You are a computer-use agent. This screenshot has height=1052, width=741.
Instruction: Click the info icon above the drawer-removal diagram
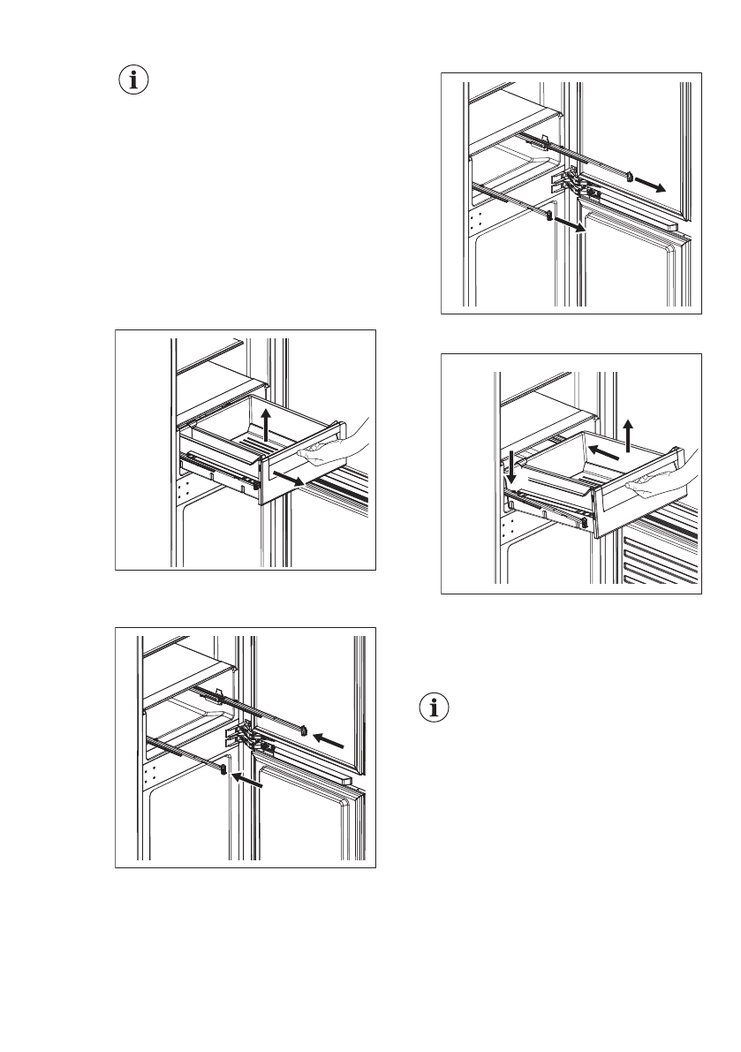coord(133,81)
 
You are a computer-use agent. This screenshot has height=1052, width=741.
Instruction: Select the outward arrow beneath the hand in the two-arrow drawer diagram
coord(292,480)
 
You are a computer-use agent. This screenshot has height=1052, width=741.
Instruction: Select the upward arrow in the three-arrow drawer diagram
coord(627,435)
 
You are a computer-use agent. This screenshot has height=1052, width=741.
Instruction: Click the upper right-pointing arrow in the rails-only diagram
coord(652,184)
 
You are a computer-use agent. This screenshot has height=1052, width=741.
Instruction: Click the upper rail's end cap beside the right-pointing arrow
coord(628,175)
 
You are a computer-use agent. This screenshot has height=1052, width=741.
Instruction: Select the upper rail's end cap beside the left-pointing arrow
coord(303,730)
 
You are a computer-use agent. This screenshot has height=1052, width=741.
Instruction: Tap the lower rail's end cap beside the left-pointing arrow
coord(224,769)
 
